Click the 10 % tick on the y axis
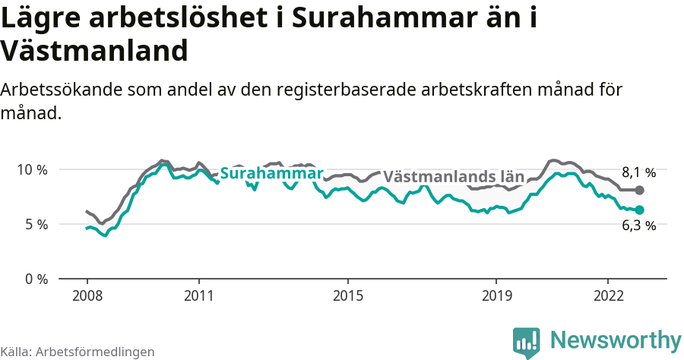[32, 169]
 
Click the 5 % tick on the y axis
[35, 224]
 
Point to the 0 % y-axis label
[35, 279]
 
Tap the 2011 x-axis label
[198, 295]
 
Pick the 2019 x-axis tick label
[496, 295]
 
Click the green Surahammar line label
[271, 174]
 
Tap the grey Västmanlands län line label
[454, 177]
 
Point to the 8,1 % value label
[638, 172]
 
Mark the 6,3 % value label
[638, 225]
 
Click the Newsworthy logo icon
[527, 343]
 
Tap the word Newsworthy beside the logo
[616, 339]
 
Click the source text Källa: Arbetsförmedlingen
[78, 352]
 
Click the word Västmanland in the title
[94, 51]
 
